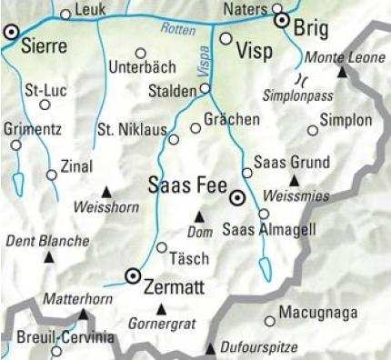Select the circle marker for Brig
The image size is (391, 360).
(x=282, y=20)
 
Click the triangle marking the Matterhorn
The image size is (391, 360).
(x=84, y=314)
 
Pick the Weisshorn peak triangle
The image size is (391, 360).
(x=106, y=192)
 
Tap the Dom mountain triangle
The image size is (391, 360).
(x=199, y=216)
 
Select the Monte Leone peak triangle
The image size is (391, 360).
(x=342, y=71)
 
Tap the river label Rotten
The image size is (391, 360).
(x=177, y=29)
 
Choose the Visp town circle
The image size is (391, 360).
(x=226, y=38)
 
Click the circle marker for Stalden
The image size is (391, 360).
(x=206, y=88)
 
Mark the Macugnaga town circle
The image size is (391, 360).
(x=269, y=320)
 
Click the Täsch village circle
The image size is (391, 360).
(x=162, y=247)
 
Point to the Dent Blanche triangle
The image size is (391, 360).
(x=48, y=257)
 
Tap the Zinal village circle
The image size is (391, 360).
(x=51, y=175)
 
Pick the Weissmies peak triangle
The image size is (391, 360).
(x=294, y=180)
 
